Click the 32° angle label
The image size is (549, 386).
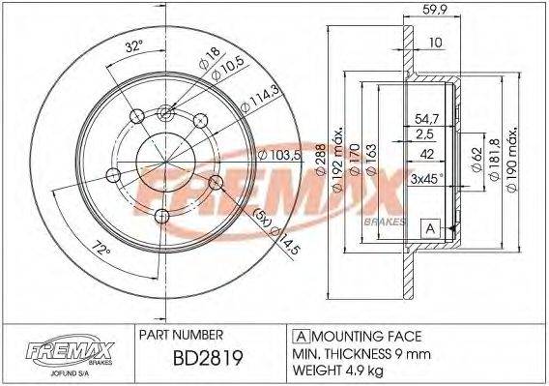click(134, 45)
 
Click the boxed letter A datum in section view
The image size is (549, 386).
click(428, 228)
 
